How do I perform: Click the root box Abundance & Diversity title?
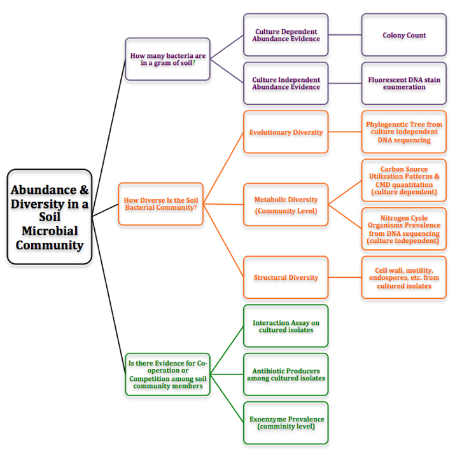coord(50,217)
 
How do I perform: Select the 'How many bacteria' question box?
coord(167,59)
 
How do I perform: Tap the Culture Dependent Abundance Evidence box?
coord(286,35)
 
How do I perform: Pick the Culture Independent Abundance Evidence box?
coord(286,83)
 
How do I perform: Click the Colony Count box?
coord(404,35)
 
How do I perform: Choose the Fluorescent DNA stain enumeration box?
coord(404,83)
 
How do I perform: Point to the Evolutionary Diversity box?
coord(286,132)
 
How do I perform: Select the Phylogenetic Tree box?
coord(404,132)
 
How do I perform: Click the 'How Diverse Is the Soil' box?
coord(160,204)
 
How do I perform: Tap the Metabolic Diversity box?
coord(286,205)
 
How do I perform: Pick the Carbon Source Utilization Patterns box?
coord(404,181)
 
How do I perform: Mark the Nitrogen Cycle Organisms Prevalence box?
coord(404,229)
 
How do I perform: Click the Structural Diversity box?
coord(286,277)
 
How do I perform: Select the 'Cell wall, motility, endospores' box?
coord(404,277)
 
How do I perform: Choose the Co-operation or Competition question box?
coord(167,374)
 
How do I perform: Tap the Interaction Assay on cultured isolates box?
coord(286,326)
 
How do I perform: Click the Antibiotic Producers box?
coord(286,374)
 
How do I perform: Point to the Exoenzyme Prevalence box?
coord(286,423)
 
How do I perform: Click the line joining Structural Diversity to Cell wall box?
coord(345,277)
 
